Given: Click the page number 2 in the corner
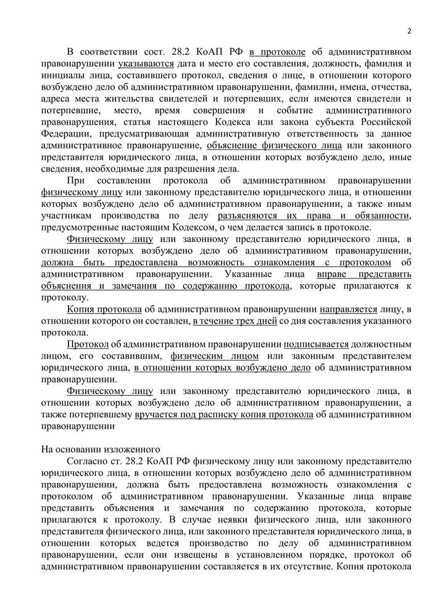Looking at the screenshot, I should click(409, 31).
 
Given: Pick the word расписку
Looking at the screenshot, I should click(246, 415).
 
